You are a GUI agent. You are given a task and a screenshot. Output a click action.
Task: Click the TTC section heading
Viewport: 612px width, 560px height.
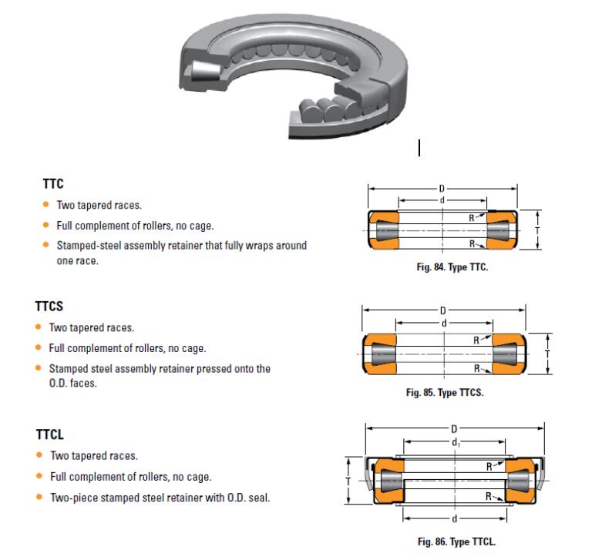pos(52,184)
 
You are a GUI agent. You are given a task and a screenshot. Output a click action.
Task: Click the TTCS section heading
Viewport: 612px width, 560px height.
pos(49,306)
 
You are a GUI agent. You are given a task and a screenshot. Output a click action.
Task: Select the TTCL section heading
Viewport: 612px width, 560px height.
pos(49,435)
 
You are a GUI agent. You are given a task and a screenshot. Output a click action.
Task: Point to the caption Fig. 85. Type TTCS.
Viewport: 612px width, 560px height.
pos(444,392)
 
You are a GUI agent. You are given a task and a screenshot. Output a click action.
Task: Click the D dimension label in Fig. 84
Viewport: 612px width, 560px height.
pos(442,187)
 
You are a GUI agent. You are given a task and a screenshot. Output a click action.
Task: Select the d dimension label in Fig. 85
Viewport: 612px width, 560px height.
pos(444,322)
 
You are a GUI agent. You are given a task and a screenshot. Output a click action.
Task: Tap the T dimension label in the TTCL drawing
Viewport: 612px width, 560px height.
pos(349,479)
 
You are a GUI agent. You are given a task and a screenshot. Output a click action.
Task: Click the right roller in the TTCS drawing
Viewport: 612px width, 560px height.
pos(504,353)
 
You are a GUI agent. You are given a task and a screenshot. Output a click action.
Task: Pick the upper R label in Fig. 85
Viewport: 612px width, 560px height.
pos(476,339)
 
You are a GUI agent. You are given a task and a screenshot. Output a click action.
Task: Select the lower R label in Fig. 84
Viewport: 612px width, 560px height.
pos(471,243)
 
